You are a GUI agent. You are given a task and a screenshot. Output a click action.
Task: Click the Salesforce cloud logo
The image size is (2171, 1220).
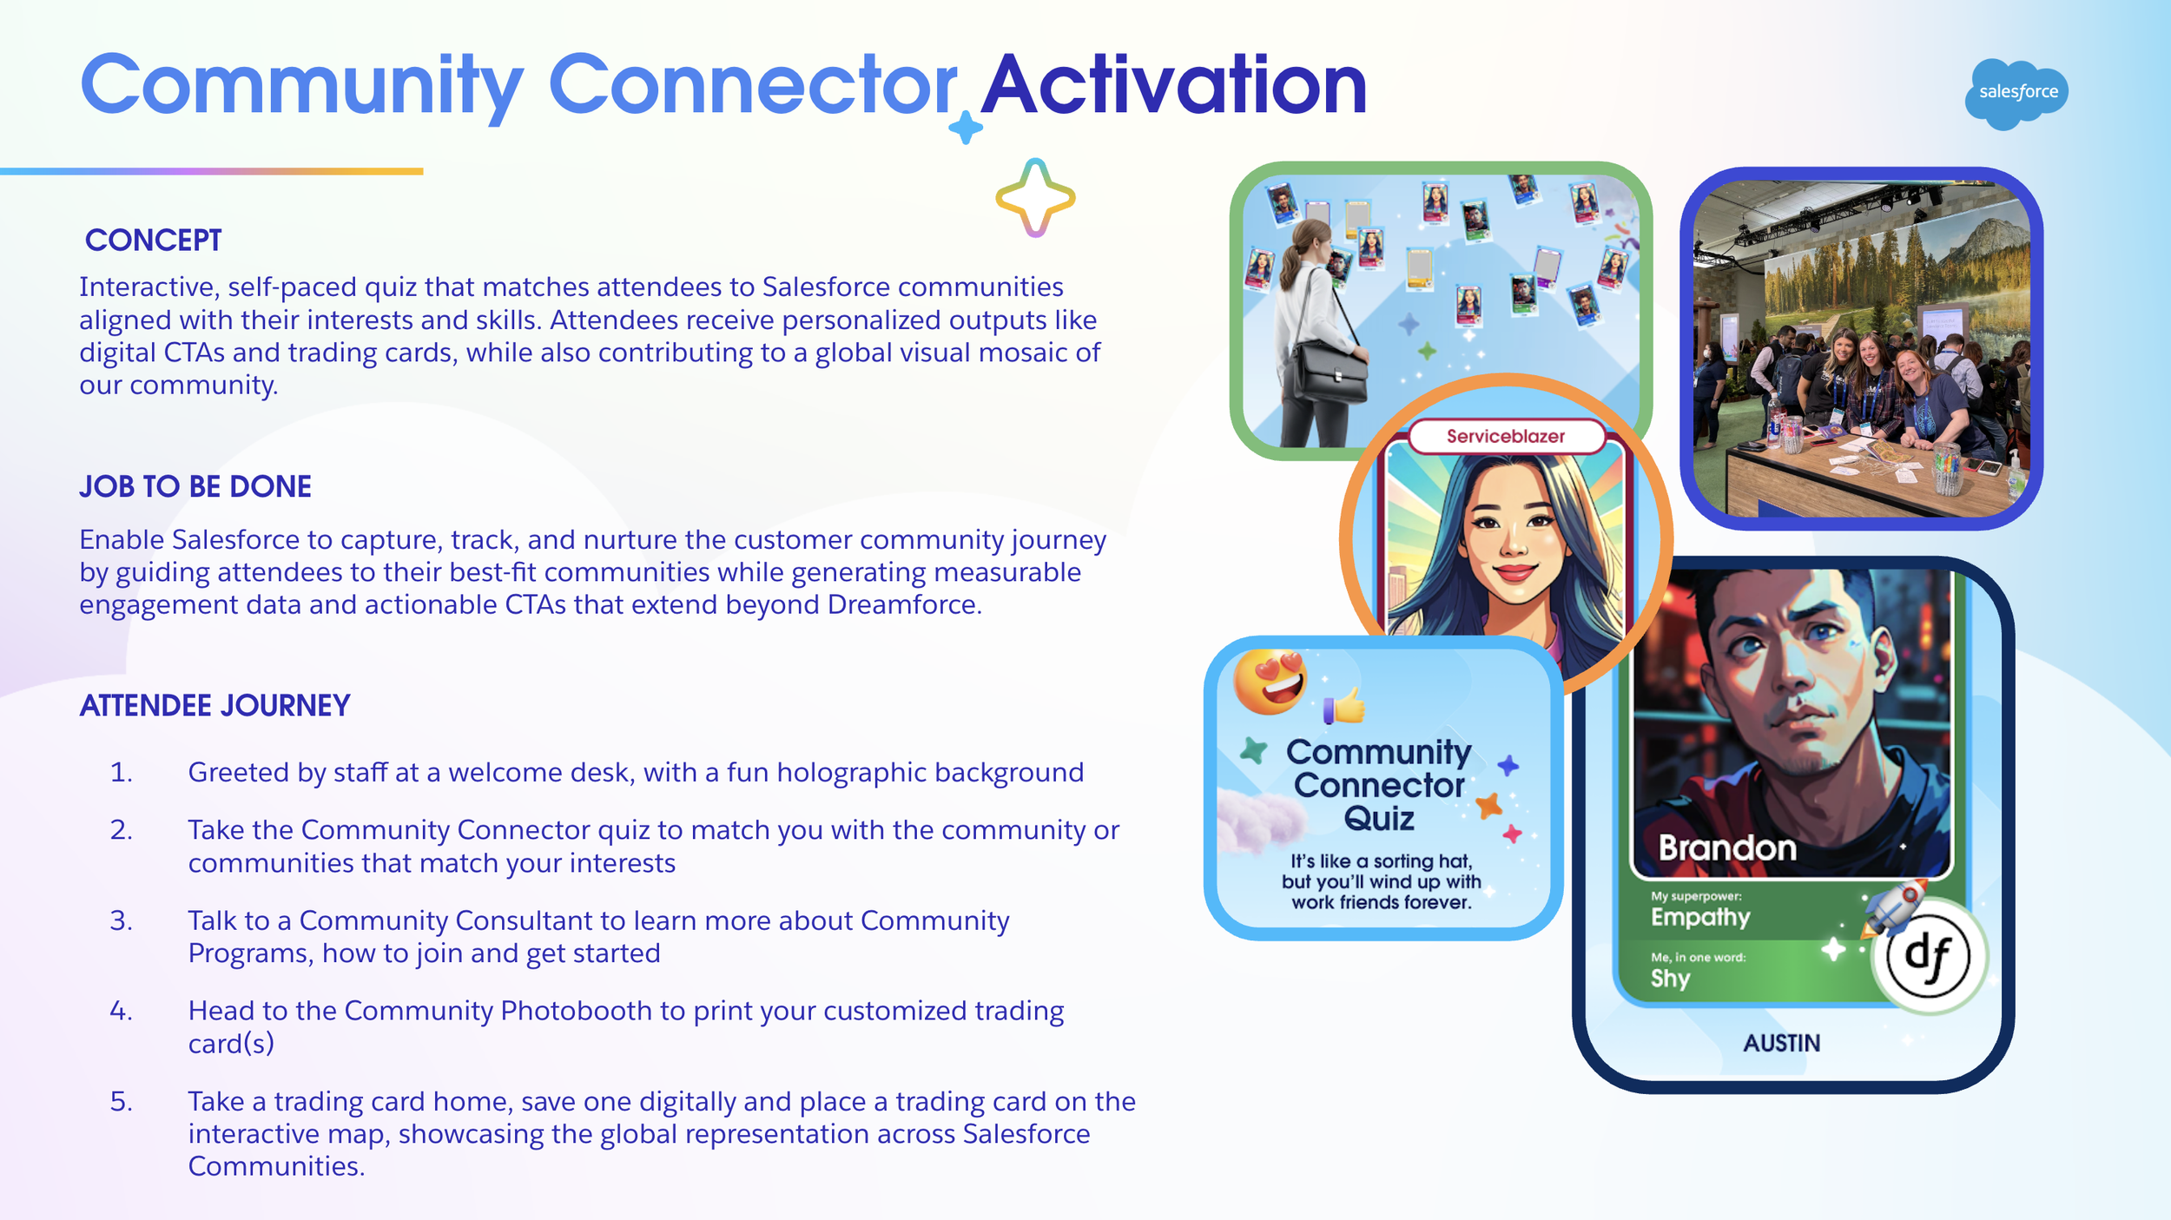[x=2016, y=93]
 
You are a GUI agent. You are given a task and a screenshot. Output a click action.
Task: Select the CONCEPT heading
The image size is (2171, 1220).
[x=154, y=241]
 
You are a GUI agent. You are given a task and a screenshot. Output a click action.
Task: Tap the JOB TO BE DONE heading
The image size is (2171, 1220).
[x=195, y=486]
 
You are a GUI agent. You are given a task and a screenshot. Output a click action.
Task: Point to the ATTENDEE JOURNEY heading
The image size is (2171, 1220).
[x=214, y=705]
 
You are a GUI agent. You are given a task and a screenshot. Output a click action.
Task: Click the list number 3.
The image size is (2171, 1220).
[x=122, y=920]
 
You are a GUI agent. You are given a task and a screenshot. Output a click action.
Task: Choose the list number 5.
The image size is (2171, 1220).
[x=122, y=1101]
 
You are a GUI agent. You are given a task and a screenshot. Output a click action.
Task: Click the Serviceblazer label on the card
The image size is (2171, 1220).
[x=1505, y=437]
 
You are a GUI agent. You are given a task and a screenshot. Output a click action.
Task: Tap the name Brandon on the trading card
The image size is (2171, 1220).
[x=1727, y=848]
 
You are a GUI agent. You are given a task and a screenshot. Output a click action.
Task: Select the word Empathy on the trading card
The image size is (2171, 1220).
[x=1700, y=917]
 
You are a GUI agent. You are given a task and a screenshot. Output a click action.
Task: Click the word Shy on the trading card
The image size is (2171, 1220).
[x=1670, y=979]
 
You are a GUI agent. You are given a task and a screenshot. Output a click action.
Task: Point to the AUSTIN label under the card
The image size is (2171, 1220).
[x=1781, y=1043]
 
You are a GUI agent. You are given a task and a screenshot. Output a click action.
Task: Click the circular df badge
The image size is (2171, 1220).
[x=1930, y=956]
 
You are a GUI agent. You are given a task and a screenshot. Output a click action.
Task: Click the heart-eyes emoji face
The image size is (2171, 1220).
[x=1270, y=682]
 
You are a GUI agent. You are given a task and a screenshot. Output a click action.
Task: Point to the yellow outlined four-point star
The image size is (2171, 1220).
[x=1035, y=198]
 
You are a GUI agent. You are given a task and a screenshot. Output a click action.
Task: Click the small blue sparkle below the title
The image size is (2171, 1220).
[x=966, y=129]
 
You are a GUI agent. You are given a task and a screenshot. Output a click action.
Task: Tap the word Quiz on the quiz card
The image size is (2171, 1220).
[x=1379, y=819]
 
